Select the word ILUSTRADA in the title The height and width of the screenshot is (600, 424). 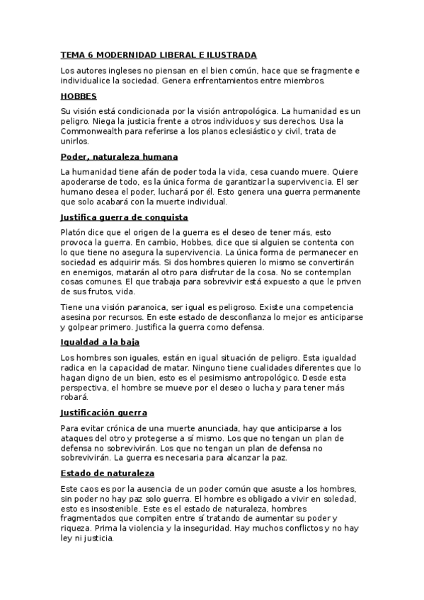tap(231, 54)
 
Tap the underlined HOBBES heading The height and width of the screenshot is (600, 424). tap(79, 96)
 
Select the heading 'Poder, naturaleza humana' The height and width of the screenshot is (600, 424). tap(119, 156)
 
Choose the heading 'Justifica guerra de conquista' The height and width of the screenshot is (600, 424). tap(125, 217)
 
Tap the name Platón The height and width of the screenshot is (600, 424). tap(74, 233)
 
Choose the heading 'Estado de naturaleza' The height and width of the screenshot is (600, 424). tap(108, 473)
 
